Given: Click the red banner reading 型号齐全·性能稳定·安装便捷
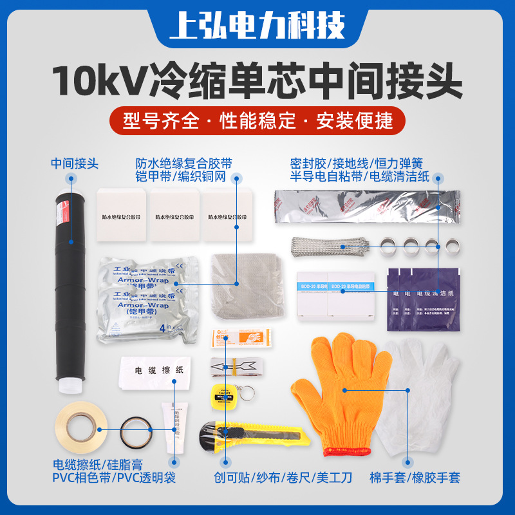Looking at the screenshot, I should click(x=257, y=120).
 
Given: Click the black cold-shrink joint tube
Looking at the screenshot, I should click(x=70, y=290).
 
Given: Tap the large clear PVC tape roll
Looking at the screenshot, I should click(x=78, y=427).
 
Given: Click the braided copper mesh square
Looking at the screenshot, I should click(x=241, y=283).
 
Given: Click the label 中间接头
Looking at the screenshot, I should click(x=75, y=164).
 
